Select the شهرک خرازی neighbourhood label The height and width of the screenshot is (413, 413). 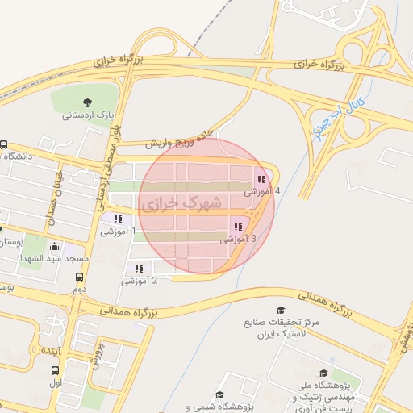(181, 205)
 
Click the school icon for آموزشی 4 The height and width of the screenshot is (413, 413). (261, 179)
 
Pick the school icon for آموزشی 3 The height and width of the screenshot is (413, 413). (237, 227)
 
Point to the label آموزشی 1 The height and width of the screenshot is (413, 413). (118, 232)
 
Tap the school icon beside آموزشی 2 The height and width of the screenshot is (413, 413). (140, 269)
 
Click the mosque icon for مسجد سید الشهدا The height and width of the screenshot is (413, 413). (54, 246)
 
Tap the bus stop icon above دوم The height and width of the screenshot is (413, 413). (79, 276)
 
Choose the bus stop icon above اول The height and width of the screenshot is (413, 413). (55, 371)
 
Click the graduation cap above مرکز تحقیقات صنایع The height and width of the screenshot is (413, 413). (281, 311)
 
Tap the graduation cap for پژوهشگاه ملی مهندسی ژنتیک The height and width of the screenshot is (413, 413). (323, 373)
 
